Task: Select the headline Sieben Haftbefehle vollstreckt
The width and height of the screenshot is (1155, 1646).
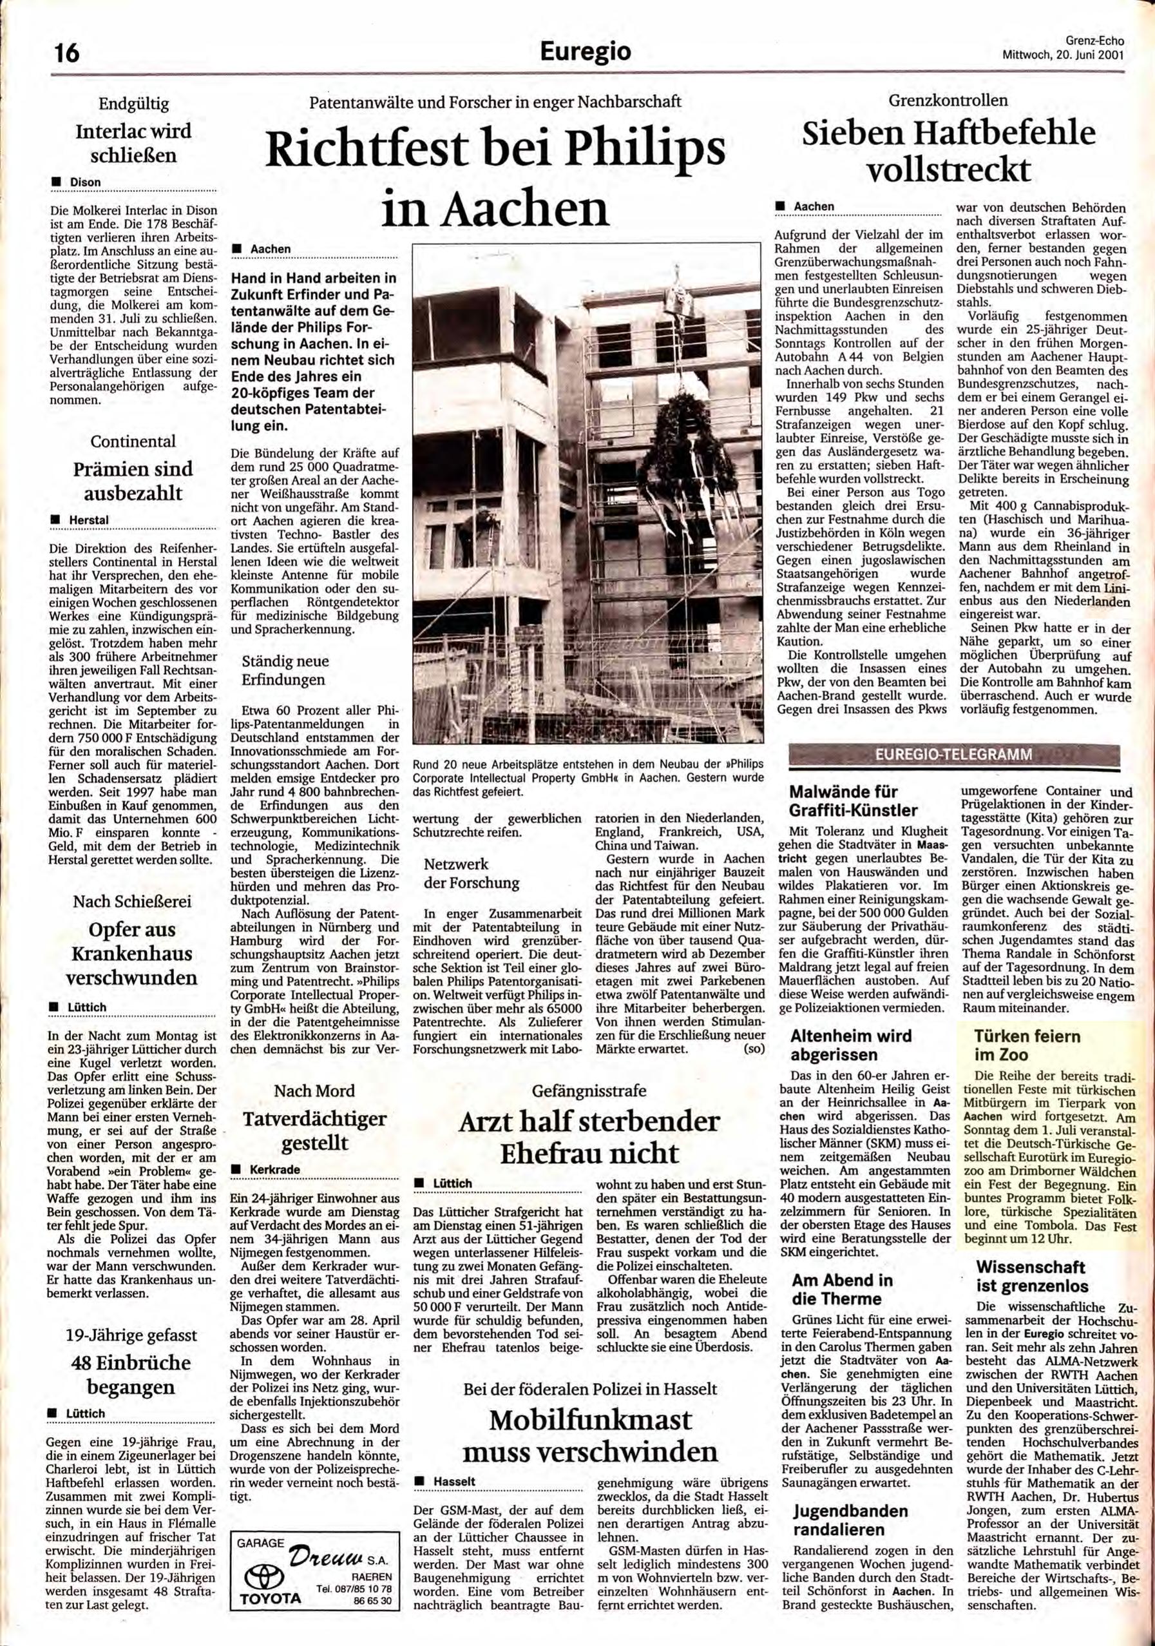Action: [949, 151]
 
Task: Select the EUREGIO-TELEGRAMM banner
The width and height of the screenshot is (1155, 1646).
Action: [953, 755]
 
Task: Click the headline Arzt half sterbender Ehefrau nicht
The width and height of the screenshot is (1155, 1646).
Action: [589, 1138]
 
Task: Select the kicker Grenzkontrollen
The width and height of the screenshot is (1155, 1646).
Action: [948, 101]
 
